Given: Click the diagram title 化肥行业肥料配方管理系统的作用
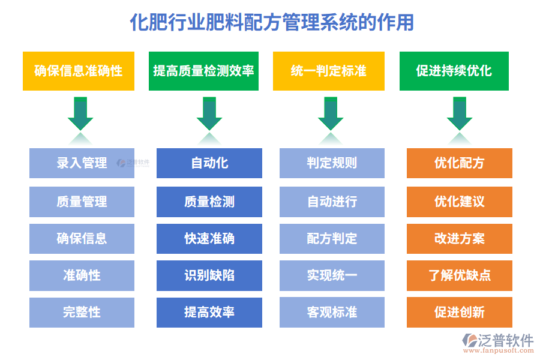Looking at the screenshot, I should [x=271, y=23].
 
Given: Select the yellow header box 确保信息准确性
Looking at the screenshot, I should [x=79, y=71].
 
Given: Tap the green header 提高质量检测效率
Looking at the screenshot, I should [x=203, y=71].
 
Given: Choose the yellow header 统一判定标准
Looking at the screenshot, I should [x=328, y=71].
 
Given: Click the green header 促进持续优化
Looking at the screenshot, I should [x=454, y=71].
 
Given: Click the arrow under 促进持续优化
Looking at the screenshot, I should [x=459, y=114].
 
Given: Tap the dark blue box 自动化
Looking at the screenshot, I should [x=209, y=163].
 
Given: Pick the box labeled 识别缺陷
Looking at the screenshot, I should [x=209, y=275].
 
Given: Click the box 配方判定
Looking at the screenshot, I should [x=332, y=238].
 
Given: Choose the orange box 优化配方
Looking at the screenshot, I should [x=459, y=163].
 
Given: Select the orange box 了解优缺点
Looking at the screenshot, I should [x=459, y=275].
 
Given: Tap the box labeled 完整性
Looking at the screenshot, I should [x=82, y=312].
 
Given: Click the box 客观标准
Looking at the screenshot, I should [x=332, y=312].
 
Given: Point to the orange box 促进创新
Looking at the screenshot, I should [x=459, y=312].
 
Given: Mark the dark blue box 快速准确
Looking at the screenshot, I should [x=209, y=238].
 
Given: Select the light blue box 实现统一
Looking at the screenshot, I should [x=332, y=275].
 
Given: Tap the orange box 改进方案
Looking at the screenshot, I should [x=459, y=238].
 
